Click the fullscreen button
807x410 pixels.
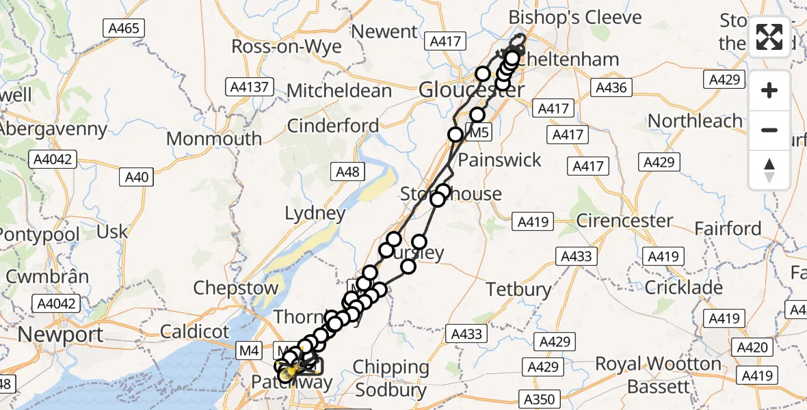click(x=769, y=37)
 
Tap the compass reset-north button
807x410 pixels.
click(x=769, y=169)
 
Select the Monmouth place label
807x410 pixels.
click(x=214, y=138)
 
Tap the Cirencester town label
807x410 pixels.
click(x=624, y=221)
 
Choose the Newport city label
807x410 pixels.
click(x=62, y=335)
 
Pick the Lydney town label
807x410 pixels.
click(x=315, y=214)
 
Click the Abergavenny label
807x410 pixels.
click(x=53, y=128)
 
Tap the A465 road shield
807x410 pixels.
click(x=122, y=29)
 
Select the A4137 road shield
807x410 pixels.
click(x=251, y=87)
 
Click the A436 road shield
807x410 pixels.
click(x=611, y=87)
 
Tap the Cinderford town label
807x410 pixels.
click(x=333, y=126)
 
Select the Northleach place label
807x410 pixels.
click(x=695, y=121)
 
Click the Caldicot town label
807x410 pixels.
click(x=195, y=332)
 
